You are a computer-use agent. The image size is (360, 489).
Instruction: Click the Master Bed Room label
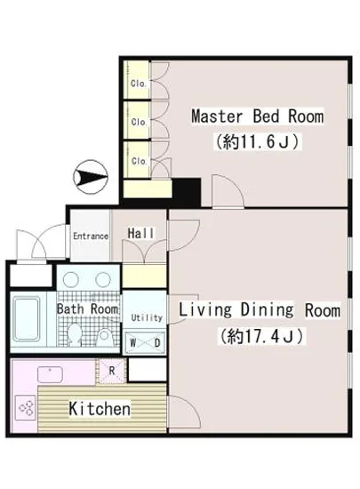(x=257, y=116)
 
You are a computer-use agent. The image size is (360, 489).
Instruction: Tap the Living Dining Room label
(x=260, y=310)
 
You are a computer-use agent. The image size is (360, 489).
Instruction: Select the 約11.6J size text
(x=258, y=142)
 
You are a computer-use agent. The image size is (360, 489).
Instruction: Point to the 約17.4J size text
(x=261, y=336)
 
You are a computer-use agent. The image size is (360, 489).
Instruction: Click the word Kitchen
(x=100, y=408)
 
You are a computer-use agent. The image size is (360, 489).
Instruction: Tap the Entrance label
(x=91, y=236)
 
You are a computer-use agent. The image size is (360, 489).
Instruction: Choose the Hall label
(x=140, y=233)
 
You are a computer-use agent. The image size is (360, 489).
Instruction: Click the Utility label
(x=147, y=317)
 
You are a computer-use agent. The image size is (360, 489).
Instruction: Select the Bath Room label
(x=88, y=309)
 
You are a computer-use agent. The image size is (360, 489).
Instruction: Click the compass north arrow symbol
(x=91, y=178)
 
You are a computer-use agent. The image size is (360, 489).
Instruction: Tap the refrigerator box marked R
(x=112, y=371)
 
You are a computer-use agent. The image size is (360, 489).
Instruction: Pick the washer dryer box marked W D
(x=145, y=342)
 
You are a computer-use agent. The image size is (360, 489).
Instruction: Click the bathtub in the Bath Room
(x=28, y=318)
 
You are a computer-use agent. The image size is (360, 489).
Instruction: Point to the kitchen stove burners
(x=26, y=407)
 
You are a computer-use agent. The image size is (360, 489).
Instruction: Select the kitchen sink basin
(x=50, y=374)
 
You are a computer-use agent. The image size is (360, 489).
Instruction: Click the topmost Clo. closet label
(x=139, y=84)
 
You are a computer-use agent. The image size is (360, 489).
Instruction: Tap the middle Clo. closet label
(x=139, y=122)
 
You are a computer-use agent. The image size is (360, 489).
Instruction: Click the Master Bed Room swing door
(x=228, y=191)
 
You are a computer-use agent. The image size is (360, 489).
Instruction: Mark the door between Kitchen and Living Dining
(x=184, y=412)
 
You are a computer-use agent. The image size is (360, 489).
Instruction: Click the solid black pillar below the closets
(x=187, y=192)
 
